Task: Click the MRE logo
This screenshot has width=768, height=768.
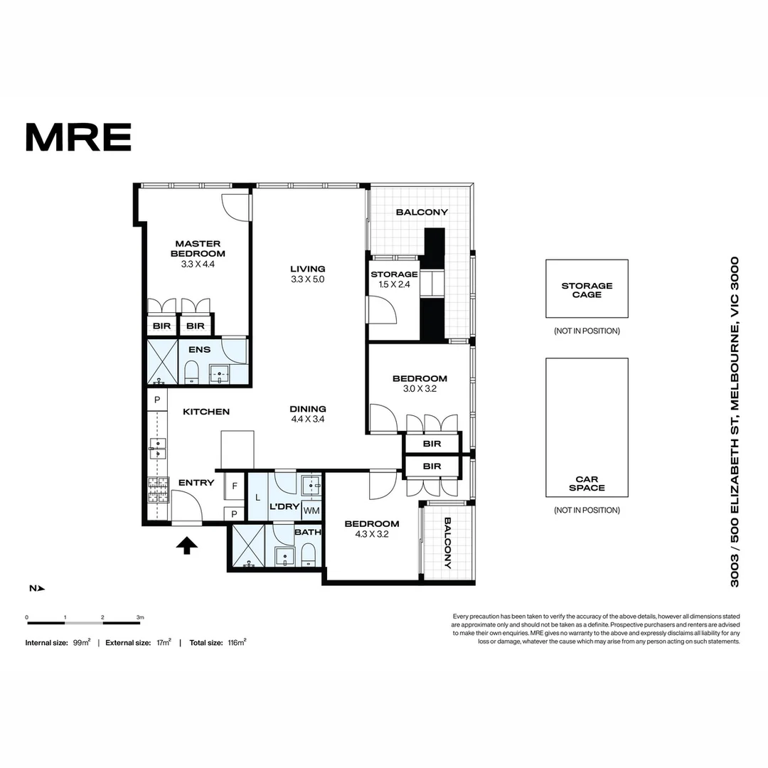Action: pyautogui.click(x=78, y=137)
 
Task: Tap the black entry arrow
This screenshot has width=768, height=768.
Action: pyautogui.click(x=186, y=545)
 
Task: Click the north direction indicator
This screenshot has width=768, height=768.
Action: pyautogui.click(x=37, y=588)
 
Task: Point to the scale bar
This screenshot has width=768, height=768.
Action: pyautogui.click(x=84, y=623)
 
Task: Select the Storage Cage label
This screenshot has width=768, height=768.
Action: pyautogui.click(x=587, y=290)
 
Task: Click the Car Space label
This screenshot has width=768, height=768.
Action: pyautogui.click(x=587, y=484)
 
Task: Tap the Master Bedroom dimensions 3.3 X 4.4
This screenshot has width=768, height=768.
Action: pyautogui.click(x=198, y=264)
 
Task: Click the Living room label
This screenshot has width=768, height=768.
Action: pyautogui.click(x=308, y=269)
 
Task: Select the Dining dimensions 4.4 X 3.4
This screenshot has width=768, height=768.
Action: pyautogui.click(x=308, y=420)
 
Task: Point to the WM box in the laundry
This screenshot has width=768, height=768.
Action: pyautogui.click(x=311, y=511)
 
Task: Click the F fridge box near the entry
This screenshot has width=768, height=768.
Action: pyautogui.click(x=235, y=486)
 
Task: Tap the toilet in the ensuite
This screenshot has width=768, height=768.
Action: pyautogui.click(x=191, y=372)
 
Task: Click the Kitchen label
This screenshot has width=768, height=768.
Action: pyautogui.click(x=206, y=412)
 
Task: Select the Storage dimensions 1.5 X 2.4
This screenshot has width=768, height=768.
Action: pyautogui.click(x=394, y=284)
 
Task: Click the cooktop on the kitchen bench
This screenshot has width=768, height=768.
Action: pyautogui.click(x=158, y=490)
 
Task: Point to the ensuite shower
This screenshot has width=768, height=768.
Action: pyautogui.click(x=163, y=362)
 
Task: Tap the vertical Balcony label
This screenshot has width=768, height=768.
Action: pyautogui.click(x=448, y=543)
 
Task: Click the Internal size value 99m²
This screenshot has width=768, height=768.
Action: pyautogui.click(x=82, y=643)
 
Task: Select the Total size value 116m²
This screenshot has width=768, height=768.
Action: pyautogui.click(x=237, y=643)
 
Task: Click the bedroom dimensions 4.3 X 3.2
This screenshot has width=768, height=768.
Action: pyautogui.click(x=372, y=534)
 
